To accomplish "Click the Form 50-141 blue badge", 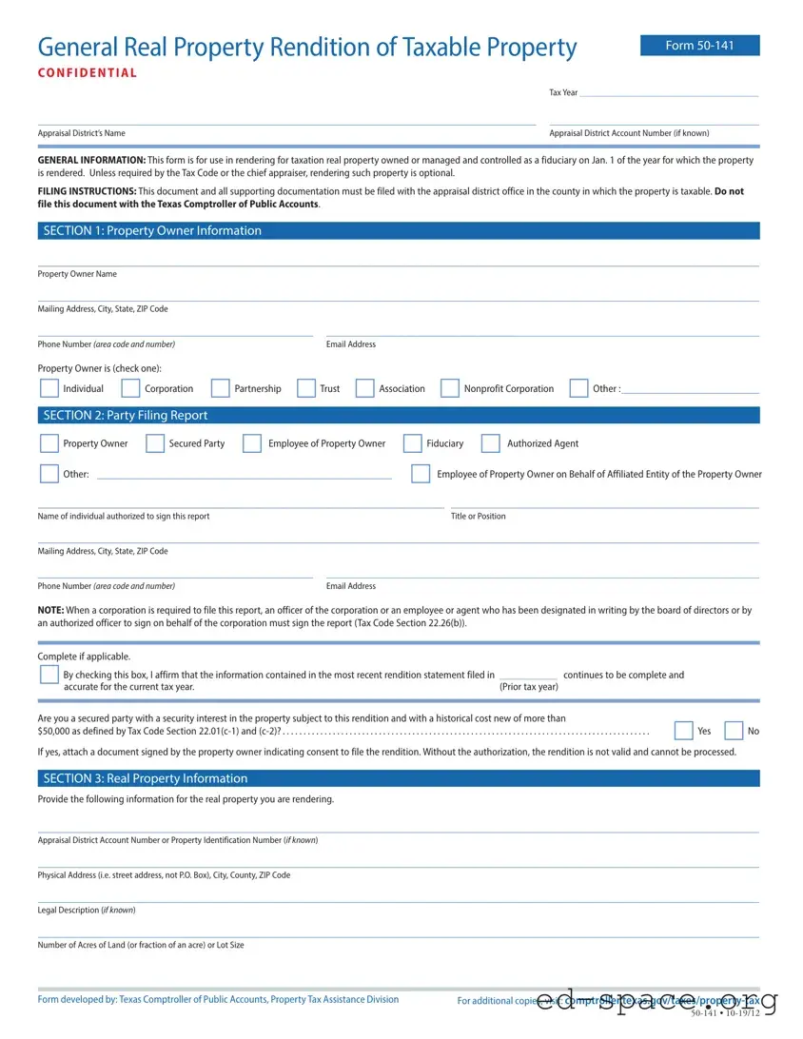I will [x=699, y=46].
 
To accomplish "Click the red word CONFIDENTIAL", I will [x=88, y=73].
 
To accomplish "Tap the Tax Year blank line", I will [x=669, y=92].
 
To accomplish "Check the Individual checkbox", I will [x=49, y=388].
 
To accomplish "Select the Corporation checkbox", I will [x=131, y=388].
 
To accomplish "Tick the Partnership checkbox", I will [x=221, y=388].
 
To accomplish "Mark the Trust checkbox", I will [x=306, y=388].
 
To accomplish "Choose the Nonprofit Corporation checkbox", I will [x=450, y=388].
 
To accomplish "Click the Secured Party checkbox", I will [x=155, y=443].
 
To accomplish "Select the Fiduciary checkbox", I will [x=413, y=443].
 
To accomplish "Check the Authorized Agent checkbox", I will [x=491, y=443].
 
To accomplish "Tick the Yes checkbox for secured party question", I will [x=683, y=731].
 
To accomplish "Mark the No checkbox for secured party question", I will [x=734, y=731].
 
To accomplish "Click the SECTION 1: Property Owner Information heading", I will [x=152, y=231].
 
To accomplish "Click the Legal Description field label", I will [x=87, y=911].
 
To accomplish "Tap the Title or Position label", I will [x=479, y=517].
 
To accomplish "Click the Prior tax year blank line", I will [x=528, y=675].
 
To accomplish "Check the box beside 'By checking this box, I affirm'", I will [x=49, y=675].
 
